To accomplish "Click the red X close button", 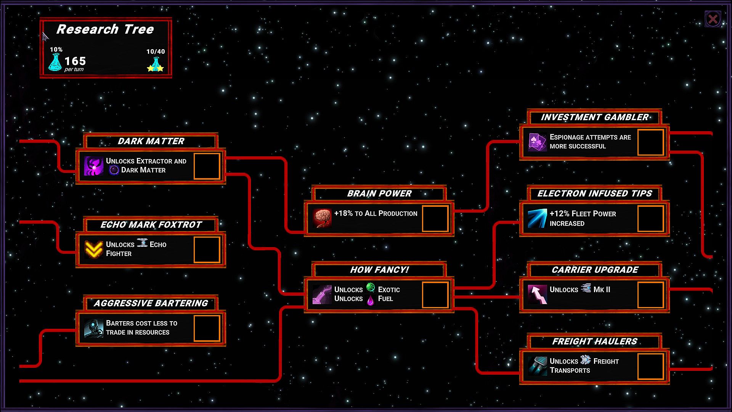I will coord(713,19).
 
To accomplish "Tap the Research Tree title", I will coord(105,29).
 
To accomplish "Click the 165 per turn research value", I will coord(75,62).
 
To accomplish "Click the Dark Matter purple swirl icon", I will coord(94,166).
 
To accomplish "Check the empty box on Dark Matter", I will coord(207,166).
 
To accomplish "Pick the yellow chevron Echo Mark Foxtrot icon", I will coord(94,249).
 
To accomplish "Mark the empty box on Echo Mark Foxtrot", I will coord(207,249).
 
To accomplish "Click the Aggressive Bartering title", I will coord(151,303).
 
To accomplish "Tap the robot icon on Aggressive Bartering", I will coord(94,328).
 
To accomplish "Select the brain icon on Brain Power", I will coord(322,218).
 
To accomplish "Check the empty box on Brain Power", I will coord(435,218).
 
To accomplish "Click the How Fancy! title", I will coord(379,270).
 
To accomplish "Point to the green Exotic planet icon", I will coord(371,287).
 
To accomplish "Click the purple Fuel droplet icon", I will coord(370,300).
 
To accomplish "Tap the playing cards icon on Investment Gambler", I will coord(538,142).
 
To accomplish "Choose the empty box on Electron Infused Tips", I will coord(650,218).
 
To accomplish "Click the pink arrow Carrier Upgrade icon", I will coord(538,295).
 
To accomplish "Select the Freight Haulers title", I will coord(595,341).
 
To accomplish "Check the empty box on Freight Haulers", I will coord(650,366).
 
